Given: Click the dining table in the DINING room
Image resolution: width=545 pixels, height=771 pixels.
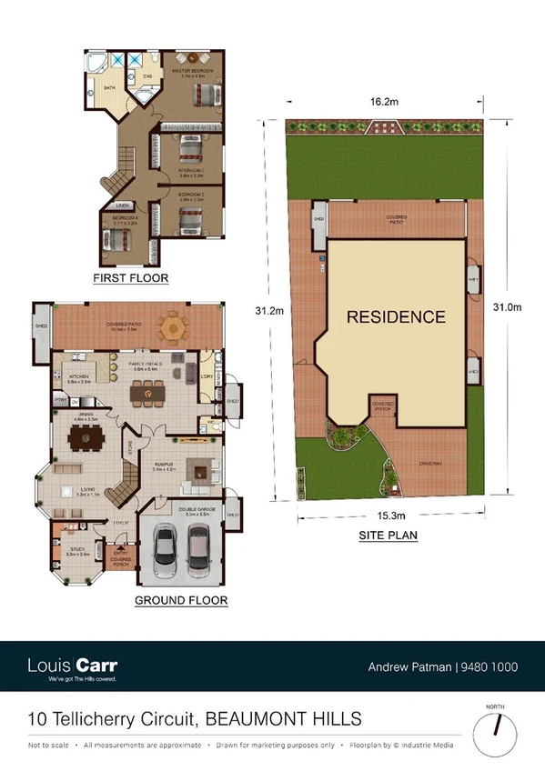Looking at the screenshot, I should click(88, 439).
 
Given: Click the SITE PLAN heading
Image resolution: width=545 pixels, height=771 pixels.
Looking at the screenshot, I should click(387, 536).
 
